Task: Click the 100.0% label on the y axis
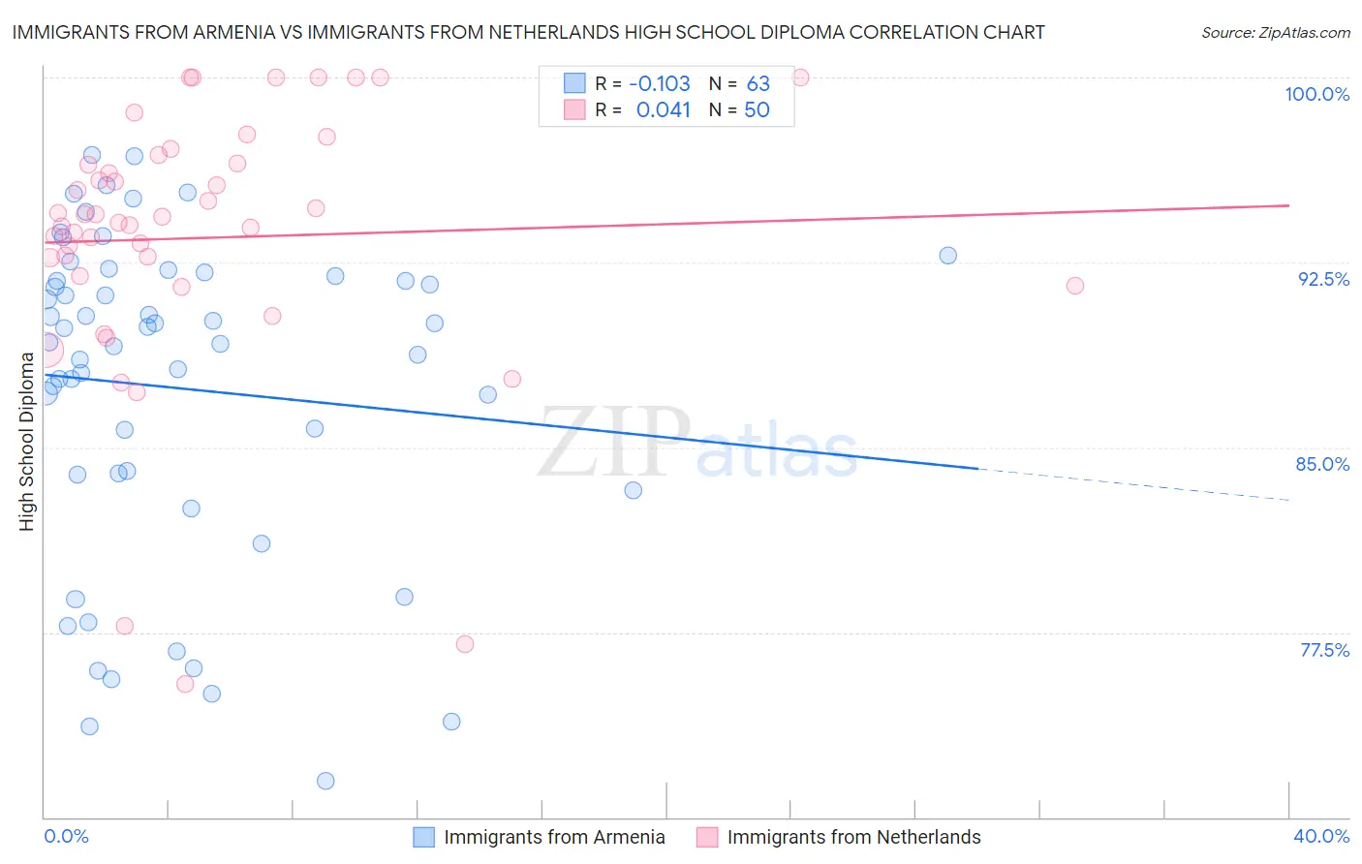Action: click(x=1316, y=94)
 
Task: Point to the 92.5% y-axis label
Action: click(x=1323, y=279)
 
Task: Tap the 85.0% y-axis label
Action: click(x=1322, y=464)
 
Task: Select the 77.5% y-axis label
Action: click(x=1324, y=650)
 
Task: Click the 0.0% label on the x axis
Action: click(x=66, y=836)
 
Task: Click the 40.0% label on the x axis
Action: click(x=1320, y=836)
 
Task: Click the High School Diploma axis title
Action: click(x=27, y=442)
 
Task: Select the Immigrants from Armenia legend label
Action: click(x=554, y=837)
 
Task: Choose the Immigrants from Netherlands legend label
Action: click(x=853, y=837)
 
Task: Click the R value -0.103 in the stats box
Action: click(x=660, y=84)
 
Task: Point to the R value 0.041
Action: click(x=663, y=110)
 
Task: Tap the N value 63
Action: click(x=758, y=84)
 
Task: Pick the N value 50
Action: click(x=757, y=110)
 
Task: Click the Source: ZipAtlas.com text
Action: click(x=1275, y=33)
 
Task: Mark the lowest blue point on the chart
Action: click(x=325, y=781)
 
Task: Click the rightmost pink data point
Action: click(x=1074, y=286)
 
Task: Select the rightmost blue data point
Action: click(x=947, y=256)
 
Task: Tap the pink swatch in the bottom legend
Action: click(x=707, y=837)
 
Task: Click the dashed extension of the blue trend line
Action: click(x=1133, y=484)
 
